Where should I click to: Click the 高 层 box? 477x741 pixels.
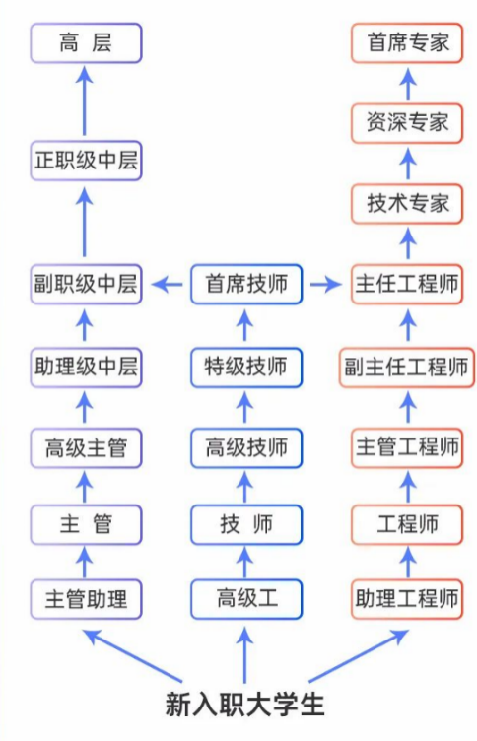click(86, 42)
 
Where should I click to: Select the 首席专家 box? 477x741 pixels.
click(407, 42)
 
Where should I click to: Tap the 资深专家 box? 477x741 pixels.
click(407, 122)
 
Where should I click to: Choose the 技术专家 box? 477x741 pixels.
click(407, 203)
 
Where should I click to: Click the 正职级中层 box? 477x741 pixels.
click(86, 161)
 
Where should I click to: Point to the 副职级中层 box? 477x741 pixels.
click(86, 285)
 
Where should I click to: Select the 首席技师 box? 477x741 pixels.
click(246, 285)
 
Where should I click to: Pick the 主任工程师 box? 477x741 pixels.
click(407, 285)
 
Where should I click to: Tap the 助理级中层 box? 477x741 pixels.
click(86, 367)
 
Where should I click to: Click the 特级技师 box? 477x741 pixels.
click(246, 367)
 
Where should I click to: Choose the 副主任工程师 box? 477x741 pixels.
click(407, 367)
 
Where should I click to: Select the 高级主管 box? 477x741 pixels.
click(86, 447)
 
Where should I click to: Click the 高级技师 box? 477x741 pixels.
click(246, 447)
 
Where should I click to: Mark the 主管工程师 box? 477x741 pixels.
click(407, 447)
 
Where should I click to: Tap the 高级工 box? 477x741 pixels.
click(246, 598)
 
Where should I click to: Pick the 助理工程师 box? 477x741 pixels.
click(407, 598)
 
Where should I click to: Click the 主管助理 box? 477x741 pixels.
click(86, 598)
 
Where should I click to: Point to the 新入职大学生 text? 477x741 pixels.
click(244, 704)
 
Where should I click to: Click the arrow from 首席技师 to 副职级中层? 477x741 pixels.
click(168, 285)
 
